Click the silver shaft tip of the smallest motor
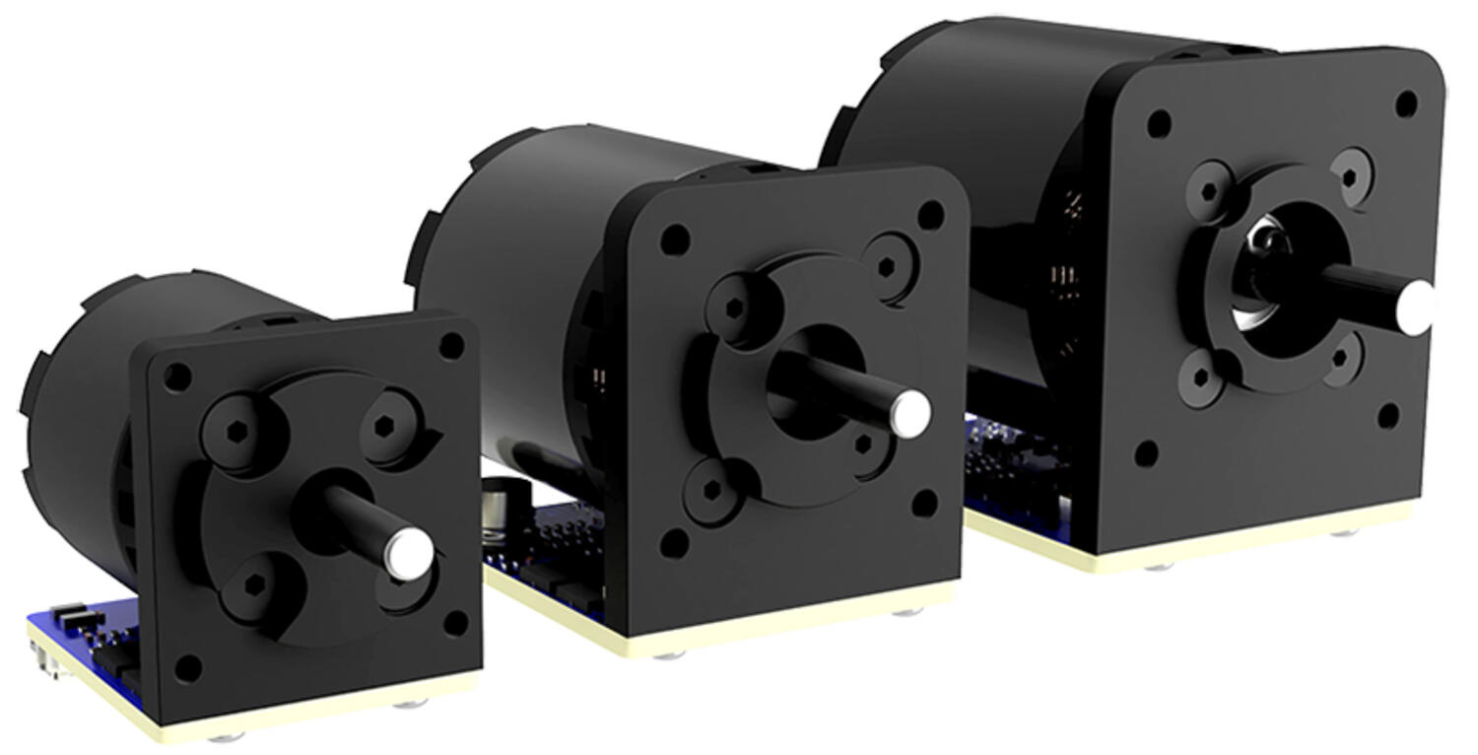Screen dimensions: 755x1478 407,553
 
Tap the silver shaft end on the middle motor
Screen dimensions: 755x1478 909,413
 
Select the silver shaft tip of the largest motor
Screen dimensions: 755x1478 1415,306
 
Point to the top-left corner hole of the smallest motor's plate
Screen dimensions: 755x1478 177,377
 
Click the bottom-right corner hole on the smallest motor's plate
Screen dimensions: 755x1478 455,623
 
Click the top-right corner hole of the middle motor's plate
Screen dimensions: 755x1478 930,214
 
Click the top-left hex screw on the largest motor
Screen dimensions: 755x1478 1210,188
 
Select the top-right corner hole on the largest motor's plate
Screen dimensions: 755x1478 1407,103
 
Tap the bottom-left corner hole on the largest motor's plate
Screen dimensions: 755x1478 1146,453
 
